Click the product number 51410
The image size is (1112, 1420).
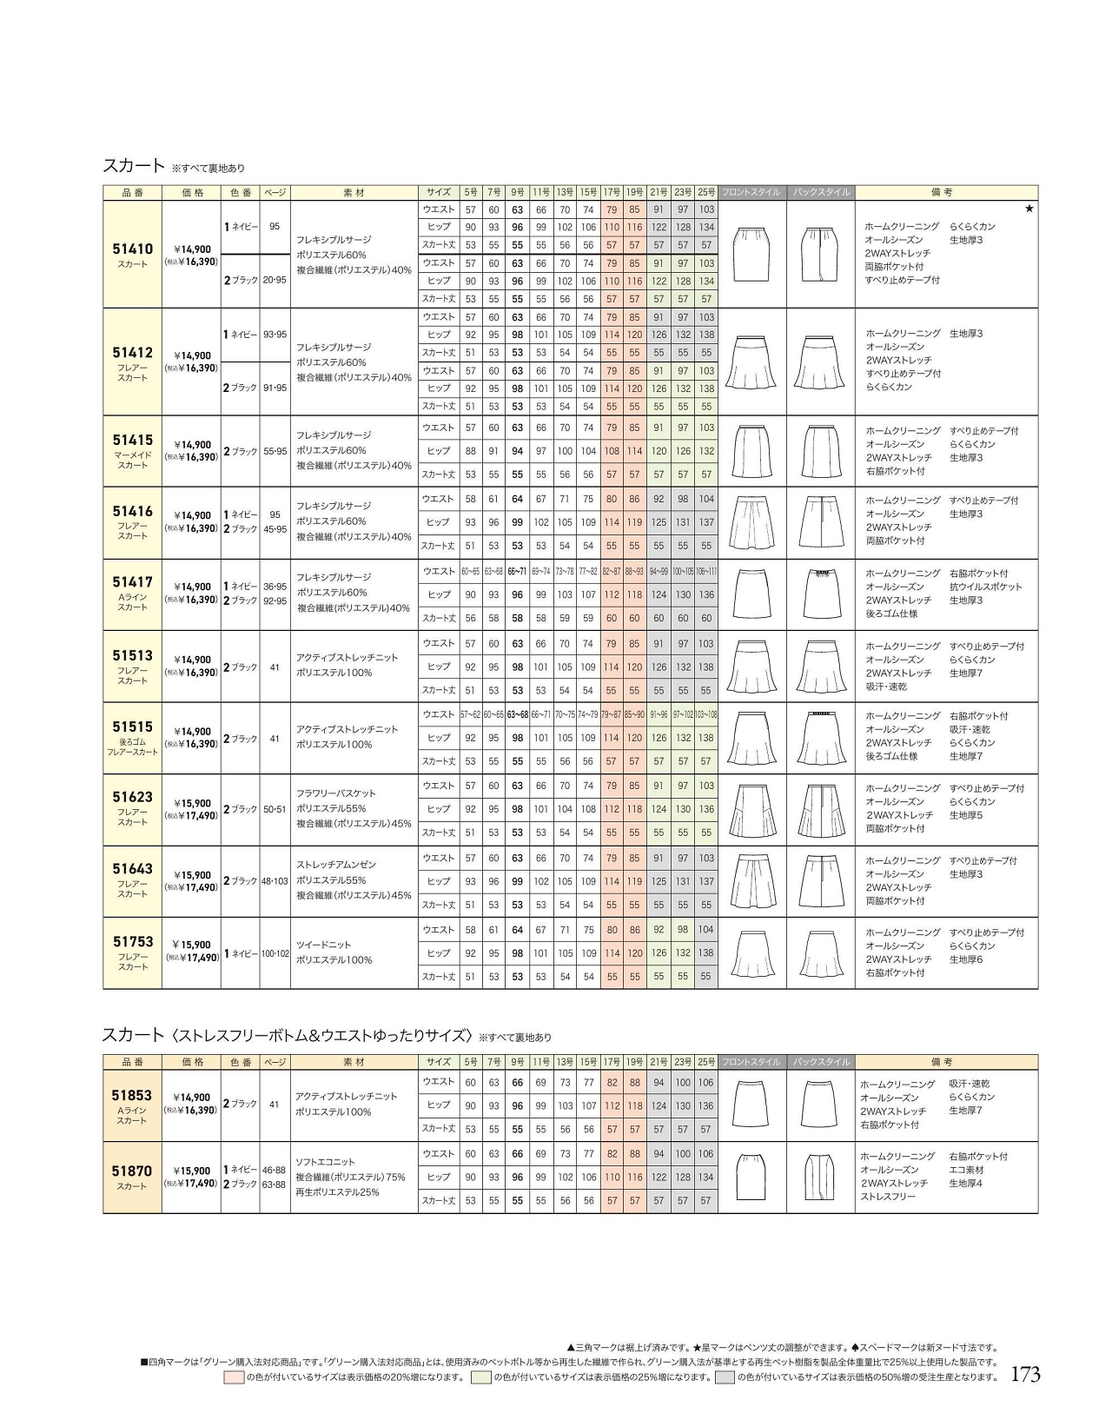coord(132,249)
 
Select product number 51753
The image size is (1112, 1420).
coord(133,941)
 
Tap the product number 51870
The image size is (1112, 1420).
coord(132,1171)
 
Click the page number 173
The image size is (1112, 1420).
coord(1025,1374)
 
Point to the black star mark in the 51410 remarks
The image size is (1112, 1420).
coord(1029,209)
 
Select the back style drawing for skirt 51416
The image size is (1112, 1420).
coord(820,522)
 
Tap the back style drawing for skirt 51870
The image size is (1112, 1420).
coord(820,1177)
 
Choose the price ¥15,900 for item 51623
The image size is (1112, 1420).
coord(192,803)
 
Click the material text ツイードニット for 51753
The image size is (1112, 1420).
coord(322,945)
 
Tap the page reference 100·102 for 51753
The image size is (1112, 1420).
coord(275,953)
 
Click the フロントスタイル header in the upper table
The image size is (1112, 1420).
coord(752,192)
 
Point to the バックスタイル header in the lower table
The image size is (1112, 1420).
coord(820,1062)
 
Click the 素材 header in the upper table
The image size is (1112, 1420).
coord(354,192)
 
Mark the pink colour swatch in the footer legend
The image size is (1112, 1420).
coord(234,1377)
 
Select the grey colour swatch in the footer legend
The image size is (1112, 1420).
coord(725,1377)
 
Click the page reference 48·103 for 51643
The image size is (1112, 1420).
coord(275,881)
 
